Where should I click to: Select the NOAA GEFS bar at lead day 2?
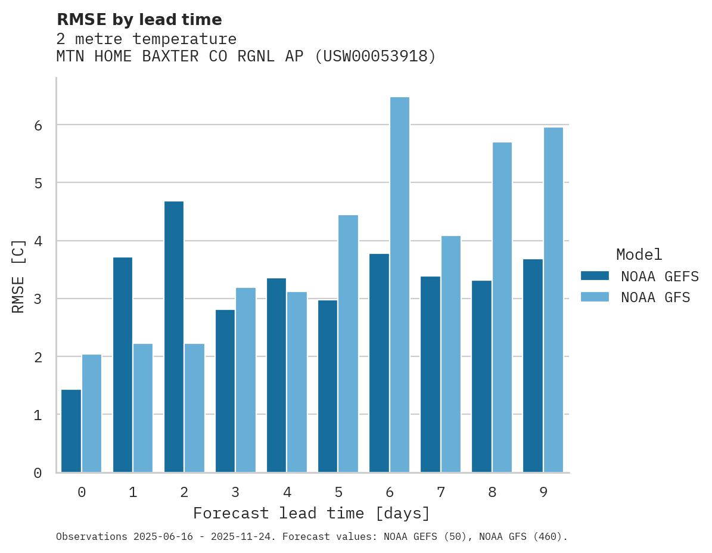(x=174, y=337)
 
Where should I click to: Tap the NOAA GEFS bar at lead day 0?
(x=71, y=431)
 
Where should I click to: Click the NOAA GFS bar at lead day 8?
(x=502, y=307)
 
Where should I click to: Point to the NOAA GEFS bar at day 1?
(x=123, y=365)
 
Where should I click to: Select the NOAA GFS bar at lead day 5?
(x=348, y=344)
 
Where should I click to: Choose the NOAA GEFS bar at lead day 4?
(x=276, y=375)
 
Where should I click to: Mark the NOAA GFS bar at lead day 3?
(x=245, y=380)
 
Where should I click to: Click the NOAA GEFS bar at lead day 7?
(x=430, y=374)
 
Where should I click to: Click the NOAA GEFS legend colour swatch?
(x=595, y=276)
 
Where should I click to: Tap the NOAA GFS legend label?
(x=655, y=297)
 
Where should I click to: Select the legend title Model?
(x=639, y=254)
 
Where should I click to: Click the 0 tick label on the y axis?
(x=38, y=473)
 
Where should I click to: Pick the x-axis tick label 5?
(x=338, y=492)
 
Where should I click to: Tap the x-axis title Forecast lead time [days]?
(x=311, y=513)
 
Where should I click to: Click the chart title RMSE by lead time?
(x=139, y=20)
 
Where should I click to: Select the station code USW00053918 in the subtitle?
(x=375, y=57)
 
